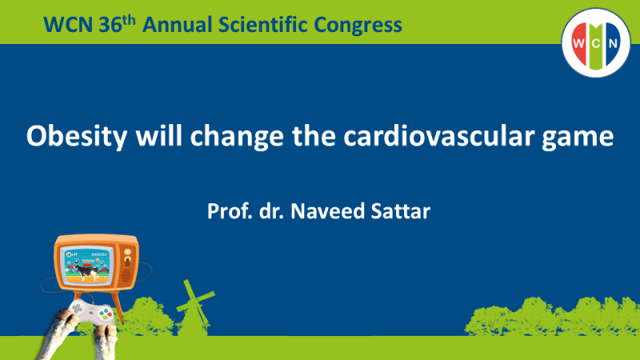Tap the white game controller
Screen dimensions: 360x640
(x=88, y=315)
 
